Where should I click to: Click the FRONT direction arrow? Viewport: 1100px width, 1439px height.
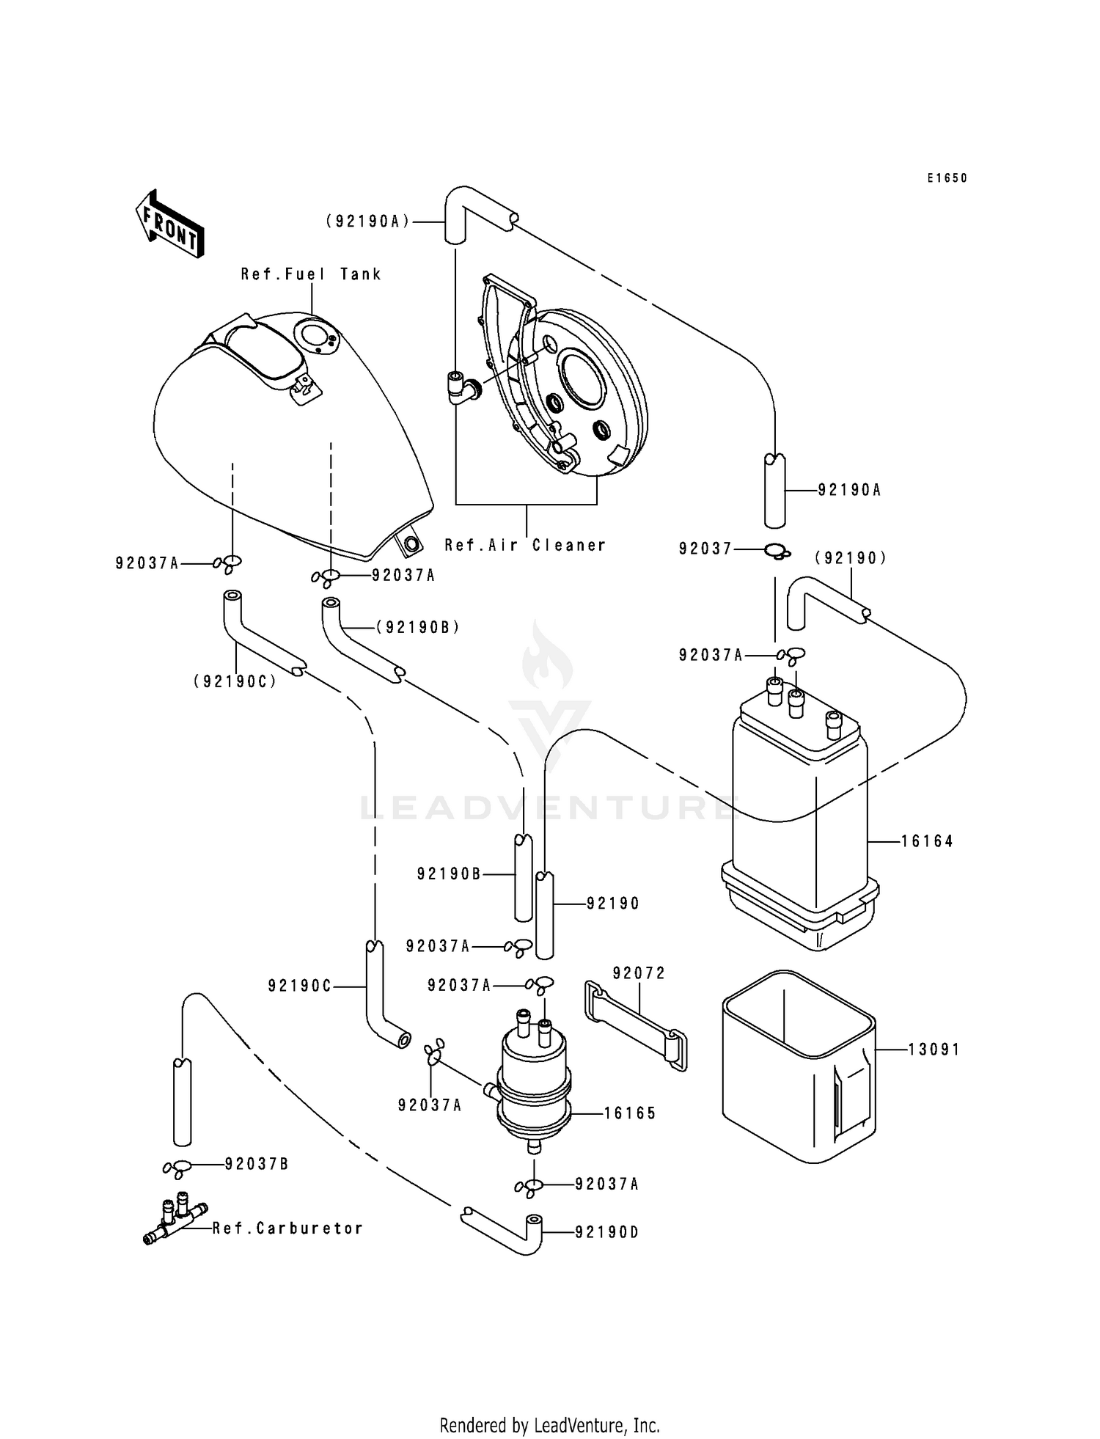169,224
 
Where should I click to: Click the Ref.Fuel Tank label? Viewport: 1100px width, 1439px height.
311,274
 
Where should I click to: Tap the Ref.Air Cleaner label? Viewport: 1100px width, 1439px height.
525,545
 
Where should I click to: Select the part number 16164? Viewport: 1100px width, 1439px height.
927,841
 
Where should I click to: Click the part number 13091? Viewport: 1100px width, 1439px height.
934,1050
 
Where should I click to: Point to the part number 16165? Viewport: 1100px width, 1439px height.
630,1113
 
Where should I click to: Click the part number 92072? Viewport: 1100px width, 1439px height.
639,973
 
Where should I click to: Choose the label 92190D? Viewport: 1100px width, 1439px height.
606,1233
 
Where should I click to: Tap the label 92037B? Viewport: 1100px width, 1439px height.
256,1164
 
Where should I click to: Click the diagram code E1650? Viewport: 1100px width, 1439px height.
947,178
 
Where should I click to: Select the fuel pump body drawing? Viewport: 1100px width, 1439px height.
533,1086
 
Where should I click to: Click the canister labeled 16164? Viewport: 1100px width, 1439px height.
799,821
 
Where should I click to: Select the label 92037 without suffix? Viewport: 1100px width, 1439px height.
705,549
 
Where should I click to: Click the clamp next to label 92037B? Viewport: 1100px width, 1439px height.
178,1167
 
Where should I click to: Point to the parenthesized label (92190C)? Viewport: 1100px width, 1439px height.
235,681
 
